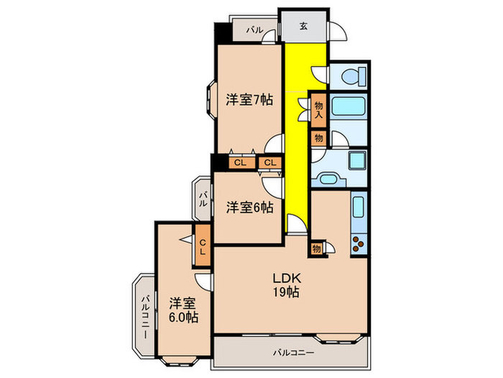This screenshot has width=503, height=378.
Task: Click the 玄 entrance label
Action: [x=303, y=27]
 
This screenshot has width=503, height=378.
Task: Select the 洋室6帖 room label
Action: [x=249, y=207]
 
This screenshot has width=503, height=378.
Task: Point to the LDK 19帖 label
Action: [x=285, y=285]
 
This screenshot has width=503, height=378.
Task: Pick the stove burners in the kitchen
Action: [x=357, y=243]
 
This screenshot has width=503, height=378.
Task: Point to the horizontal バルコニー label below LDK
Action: [x=293, y=353]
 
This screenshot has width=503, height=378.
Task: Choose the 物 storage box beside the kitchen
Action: [x=316, y=249]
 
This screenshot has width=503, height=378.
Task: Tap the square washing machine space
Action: [x=357, y=160]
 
